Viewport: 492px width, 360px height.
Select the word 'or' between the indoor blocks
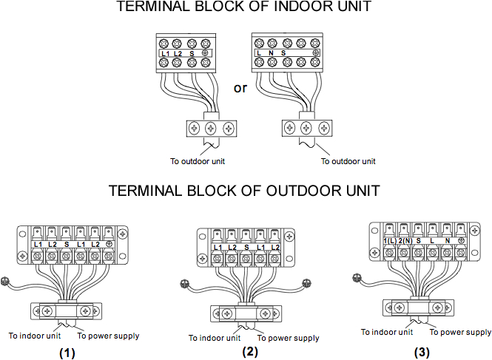(240, 88)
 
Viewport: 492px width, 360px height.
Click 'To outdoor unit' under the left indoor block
(197, 160)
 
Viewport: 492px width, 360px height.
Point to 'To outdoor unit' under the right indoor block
(348, 160)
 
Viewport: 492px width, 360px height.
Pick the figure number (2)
(251, 351)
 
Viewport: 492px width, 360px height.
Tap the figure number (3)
(422, 353)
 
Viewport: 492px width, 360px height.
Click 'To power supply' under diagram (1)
(108, 336)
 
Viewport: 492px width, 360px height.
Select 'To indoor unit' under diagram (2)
(215, 338)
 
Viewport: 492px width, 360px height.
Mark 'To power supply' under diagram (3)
(460, 333)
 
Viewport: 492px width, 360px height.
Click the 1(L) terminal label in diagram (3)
(389, 241)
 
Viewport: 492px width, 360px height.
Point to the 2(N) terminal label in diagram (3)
(404, 241)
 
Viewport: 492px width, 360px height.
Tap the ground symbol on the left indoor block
(203, 54)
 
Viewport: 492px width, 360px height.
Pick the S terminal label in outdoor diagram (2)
(245, 247)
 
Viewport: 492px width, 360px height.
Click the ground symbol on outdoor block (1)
(109, 243)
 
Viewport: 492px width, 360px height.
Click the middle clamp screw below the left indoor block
(211, 128)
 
